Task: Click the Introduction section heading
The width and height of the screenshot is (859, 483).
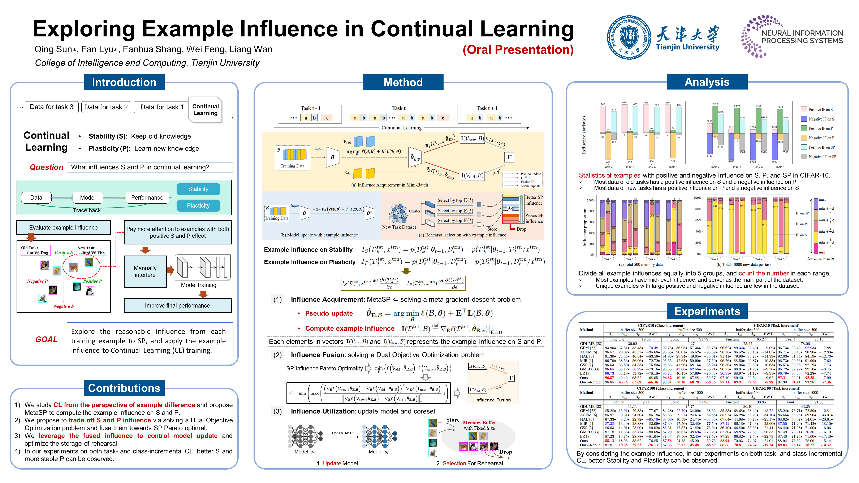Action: pos(124,82)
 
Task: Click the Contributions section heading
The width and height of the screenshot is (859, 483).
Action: pos(124,388)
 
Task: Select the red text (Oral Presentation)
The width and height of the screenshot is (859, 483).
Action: pos(518,50)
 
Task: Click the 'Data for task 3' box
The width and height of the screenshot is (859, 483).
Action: pos(52,107)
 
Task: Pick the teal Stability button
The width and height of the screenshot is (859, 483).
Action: pos(198,189)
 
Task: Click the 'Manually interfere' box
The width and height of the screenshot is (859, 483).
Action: pos(145,272)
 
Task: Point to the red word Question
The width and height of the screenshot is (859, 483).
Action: pos(46,167)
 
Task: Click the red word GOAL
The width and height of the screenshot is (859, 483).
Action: pos(46,339)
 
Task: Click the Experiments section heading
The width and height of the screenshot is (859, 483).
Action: pos(707,311)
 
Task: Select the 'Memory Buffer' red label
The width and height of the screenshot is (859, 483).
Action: pos(479,423)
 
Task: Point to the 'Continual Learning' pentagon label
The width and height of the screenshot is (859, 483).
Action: pos(205,110)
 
